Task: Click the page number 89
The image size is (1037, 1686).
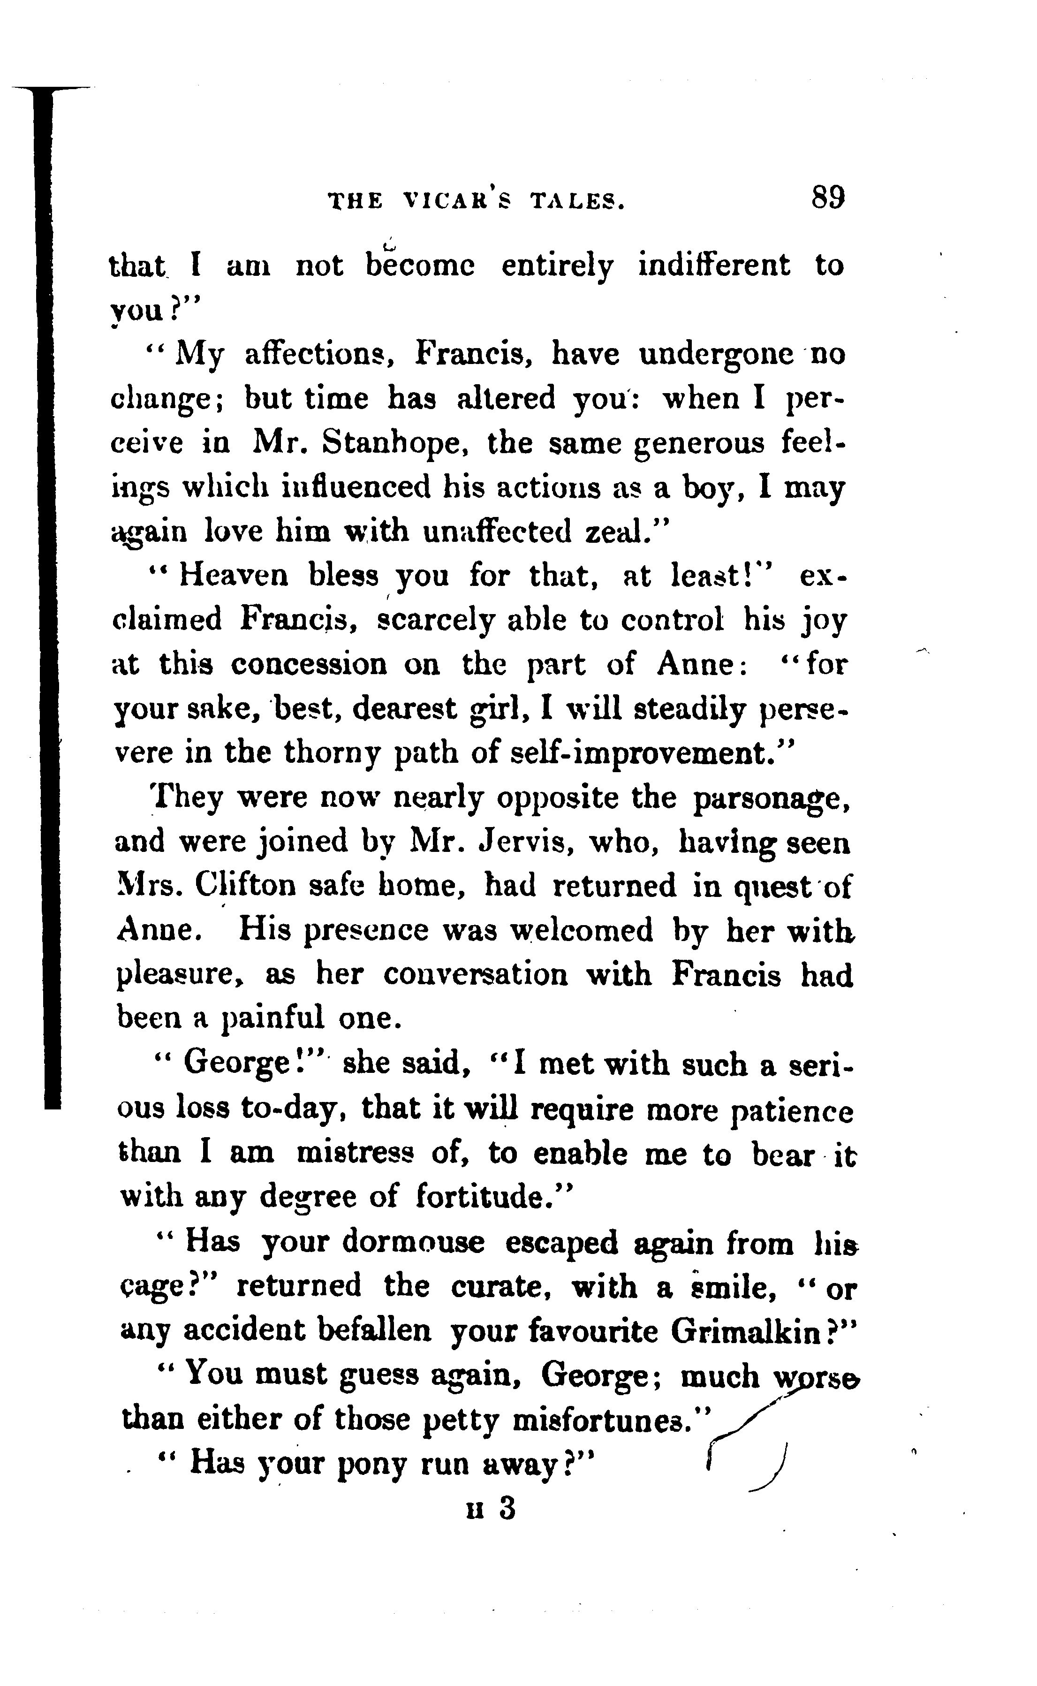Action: coord(828,198)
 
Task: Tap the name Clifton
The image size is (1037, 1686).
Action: coord(245,886)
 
